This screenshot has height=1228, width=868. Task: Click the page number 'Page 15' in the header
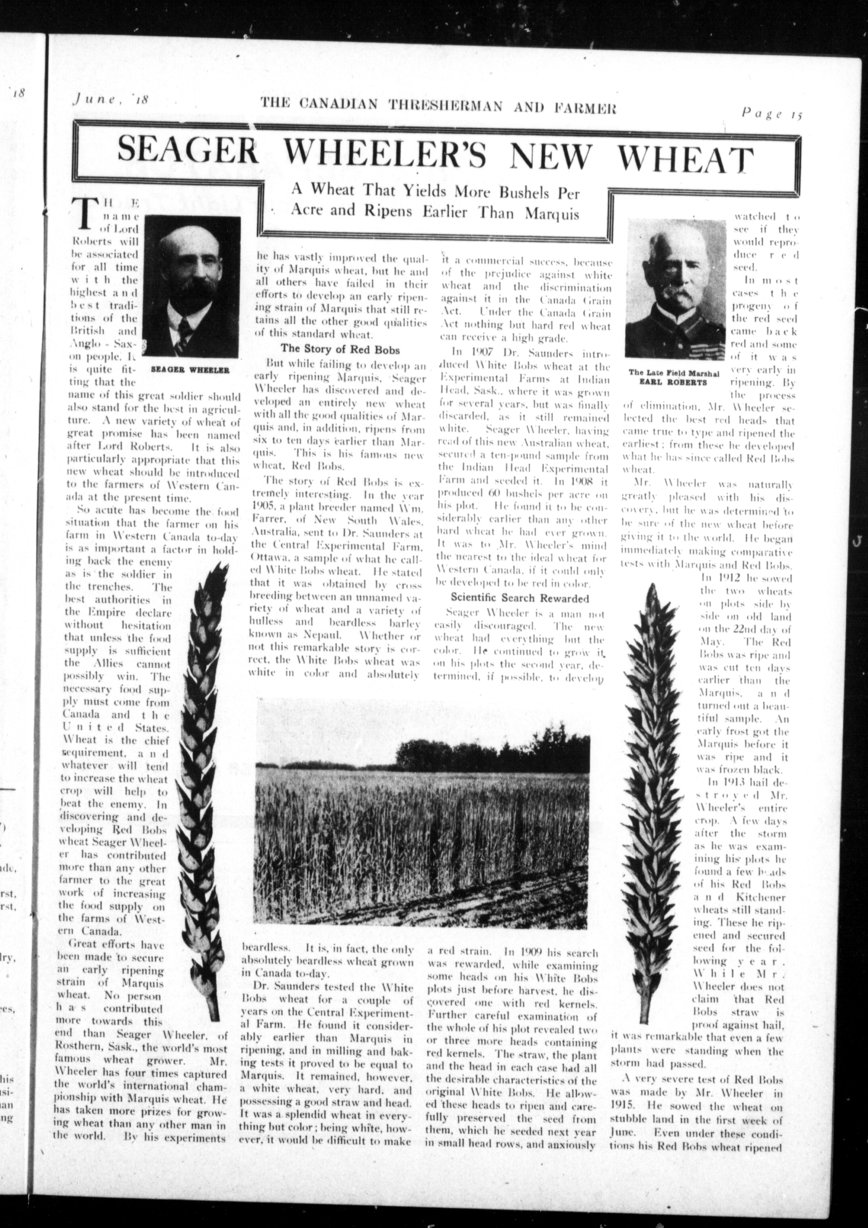(x=772, y=113)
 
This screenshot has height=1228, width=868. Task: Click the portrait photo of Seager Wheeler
(x=191, y=289)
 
